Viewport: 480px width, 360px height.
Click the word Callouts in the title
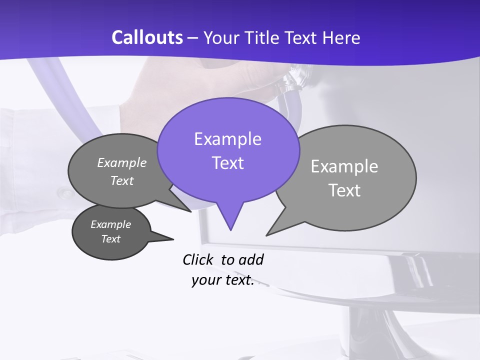coord(147,37)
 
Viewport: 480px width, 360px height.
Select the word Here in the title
coord(342,37)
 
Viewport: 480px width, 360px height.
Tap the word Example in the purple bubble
coord(227,139)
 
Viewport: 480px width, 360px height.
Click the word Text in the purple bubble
coord(227,163)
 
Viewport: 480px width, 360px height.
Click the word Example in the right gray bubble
coord(344,166)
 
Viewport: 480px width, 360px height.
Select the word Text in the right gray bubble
coord(344,190)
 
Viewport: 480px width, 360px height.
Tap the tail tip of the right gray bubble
coord(266,235)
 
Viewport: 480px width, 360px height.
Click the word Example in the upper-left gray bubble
coord(122,163)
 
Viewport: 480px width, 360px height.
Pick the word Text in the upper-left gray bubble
coord(122,181)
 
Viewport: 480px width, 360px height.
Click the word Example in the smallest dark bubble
coord(110,224)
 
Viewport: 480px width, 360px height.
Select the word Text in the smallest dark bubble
coord(110,239)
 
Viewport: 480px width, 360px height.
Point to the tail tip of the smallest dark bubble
coord(173,239)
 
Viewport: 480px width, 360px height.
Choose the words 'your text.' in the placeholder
coord(222,280)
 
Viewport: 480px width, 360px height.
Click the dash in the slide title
coord(194,38)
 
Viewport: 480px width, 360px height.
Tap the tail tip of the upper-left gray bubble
coord(191,211)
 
